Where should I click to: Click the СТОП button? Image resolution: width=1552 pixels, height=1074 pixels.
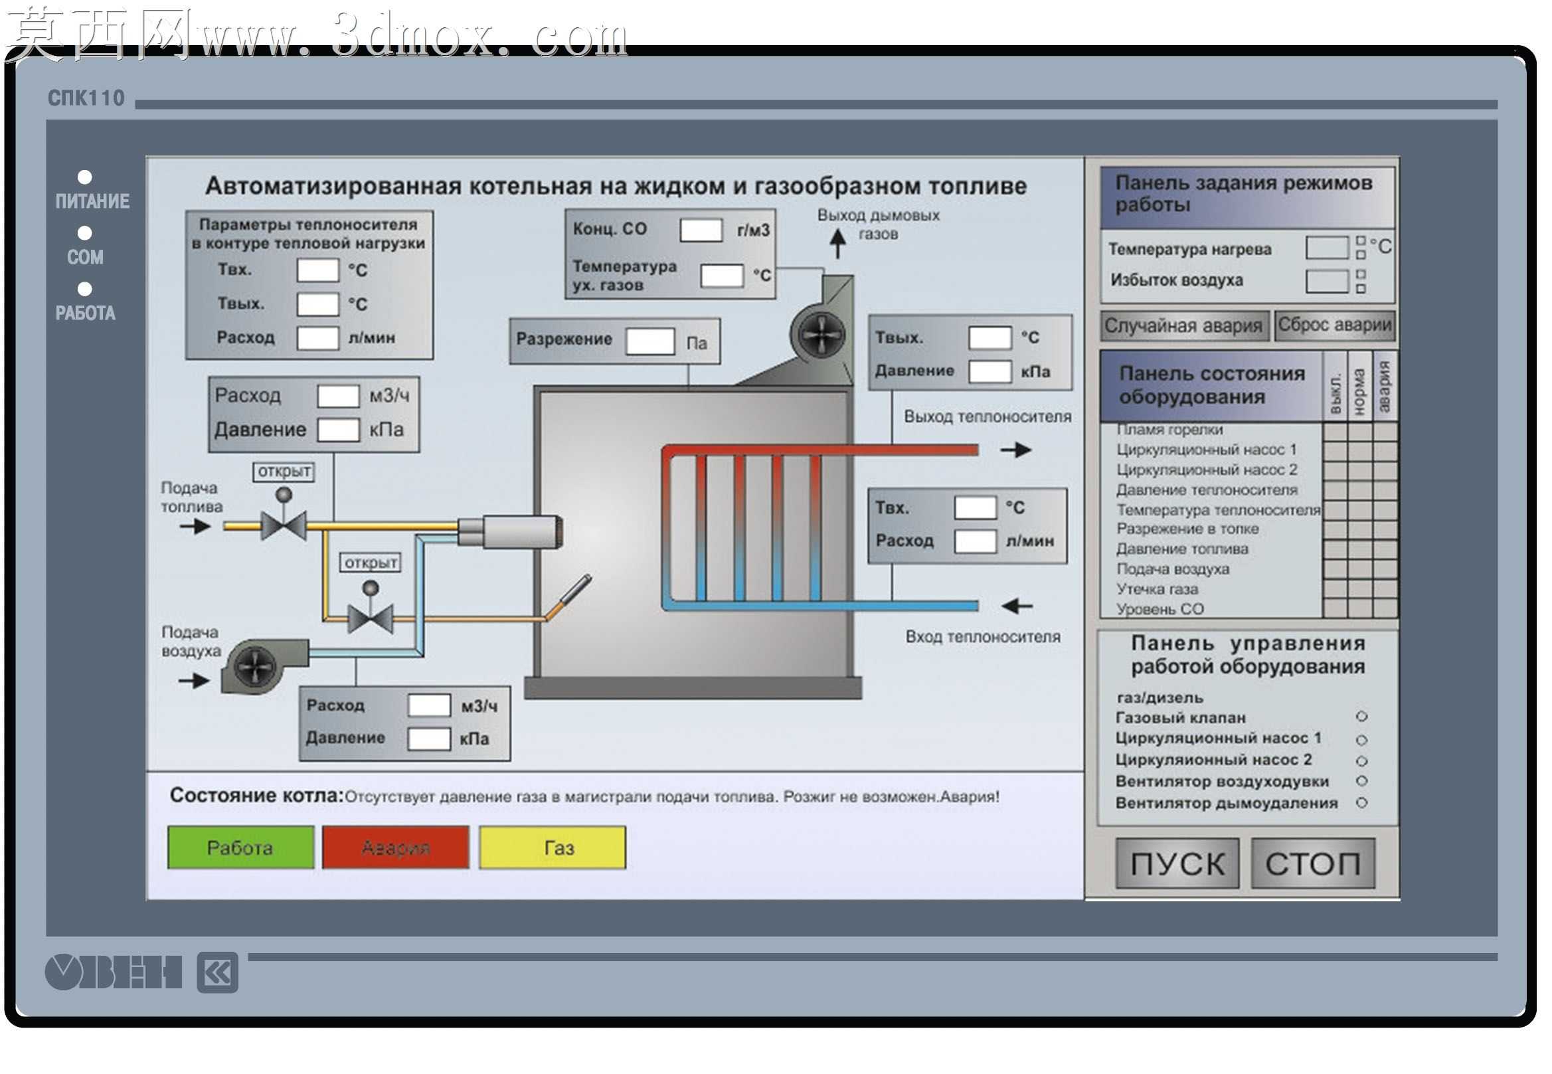point(1312,863)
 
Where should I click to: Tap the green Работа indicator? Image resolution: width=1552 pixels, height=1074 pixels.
point(240,848)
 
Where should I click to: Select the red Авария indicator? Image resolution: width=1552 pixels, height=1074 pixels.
point(396,848)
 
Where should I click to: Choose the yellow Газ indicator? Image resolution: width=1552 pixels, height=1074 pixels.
point(553,848)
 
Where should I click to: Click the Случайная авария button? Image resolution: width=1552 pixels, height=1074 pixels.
point(1185,325)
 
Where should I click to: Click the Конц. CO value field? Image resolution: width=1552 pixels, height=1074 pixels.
point(701,230)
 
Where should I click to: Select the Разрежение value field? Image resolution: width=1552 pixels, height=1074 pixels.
point(650,341)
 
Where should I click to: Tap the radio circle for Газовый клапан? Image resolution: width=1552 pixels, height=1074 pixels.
point(1361,717)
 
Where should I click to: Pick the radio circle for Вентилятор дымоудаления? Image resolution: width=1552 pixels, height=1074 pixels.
point(1361,803)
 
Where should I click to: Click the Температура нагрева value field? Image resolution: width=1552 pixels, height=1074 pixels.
point(1327,248)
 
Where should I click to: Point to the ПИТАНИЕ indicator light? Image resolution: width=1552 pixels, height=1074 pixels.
point(85,177)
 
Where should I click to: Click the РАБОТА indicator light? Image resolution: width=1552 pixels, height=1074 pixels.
point(85,289)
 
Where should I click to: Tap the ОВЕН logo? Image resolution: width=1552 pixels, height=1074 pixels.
point(114,972)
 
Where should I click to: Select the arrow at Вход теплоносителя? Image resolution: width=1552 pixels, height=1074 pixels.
point(1017,606)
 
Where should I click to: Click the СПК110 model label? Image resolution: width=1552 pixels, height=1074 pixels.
point(86,98)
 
